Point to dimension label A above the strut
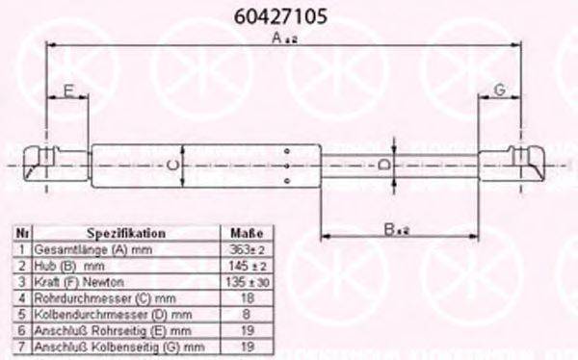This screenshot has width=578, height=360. tap(281, 39)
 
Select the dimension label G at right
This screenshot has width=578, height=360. tap(500, 90)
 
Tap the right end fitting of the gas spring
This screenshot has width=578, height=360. tap(527, 161)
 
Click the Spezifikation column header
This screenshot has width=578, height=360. tap(125, 234)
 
